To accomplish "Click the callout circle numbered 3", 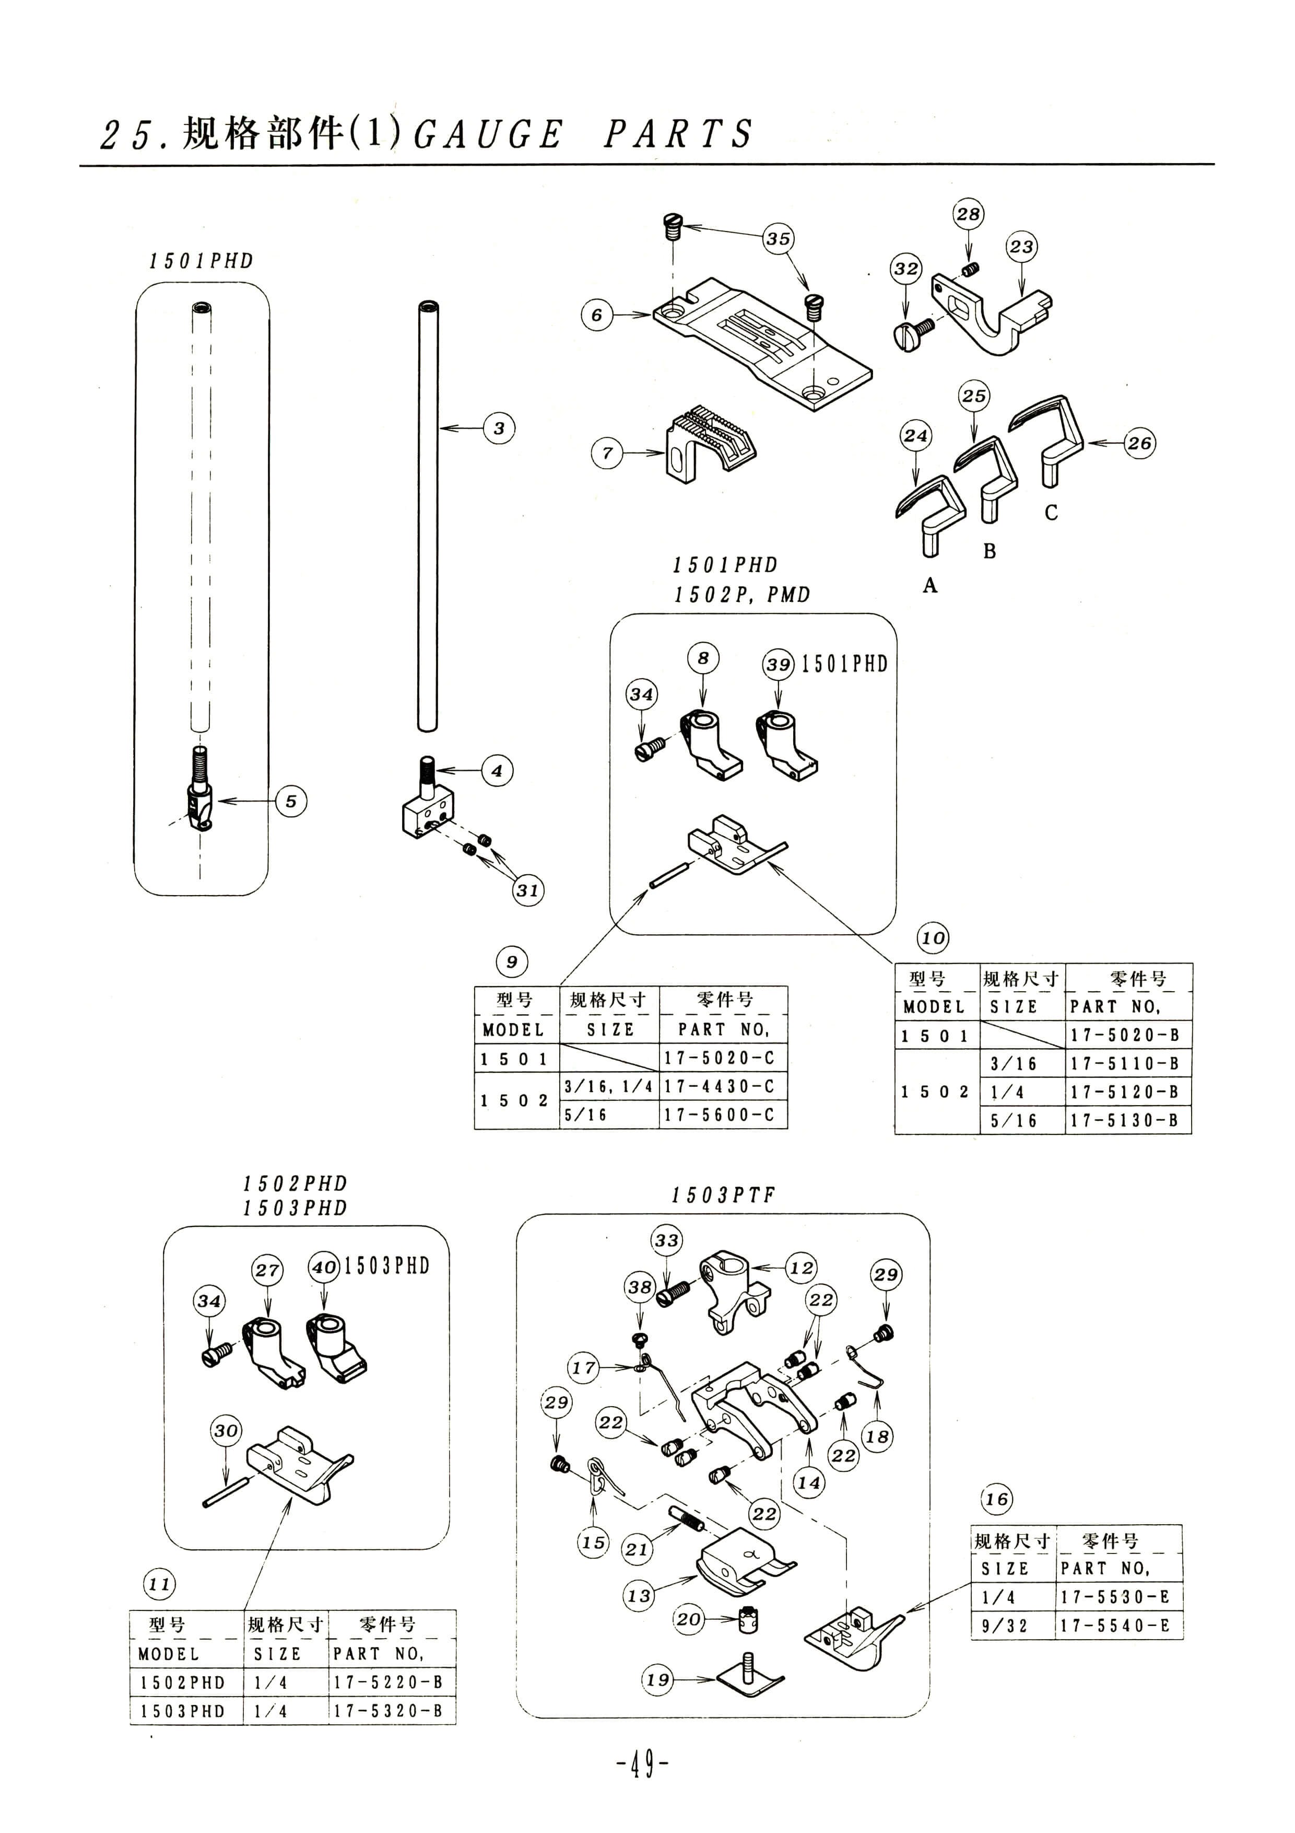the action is coord(499,428).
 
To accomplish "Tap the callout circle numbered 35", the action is coord(778,239).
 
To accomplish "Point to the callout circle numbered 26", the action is coord(1139,443).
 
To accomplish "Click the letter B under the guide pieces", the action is coord(990,551).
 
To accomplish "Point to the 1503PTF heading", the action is coord(723,1195).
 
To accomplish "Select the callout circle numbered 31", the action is coord(527,890).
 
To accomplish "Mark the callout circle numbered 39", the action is coord(778,664).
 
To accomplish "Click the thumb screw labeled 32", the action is coord(916,332).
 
